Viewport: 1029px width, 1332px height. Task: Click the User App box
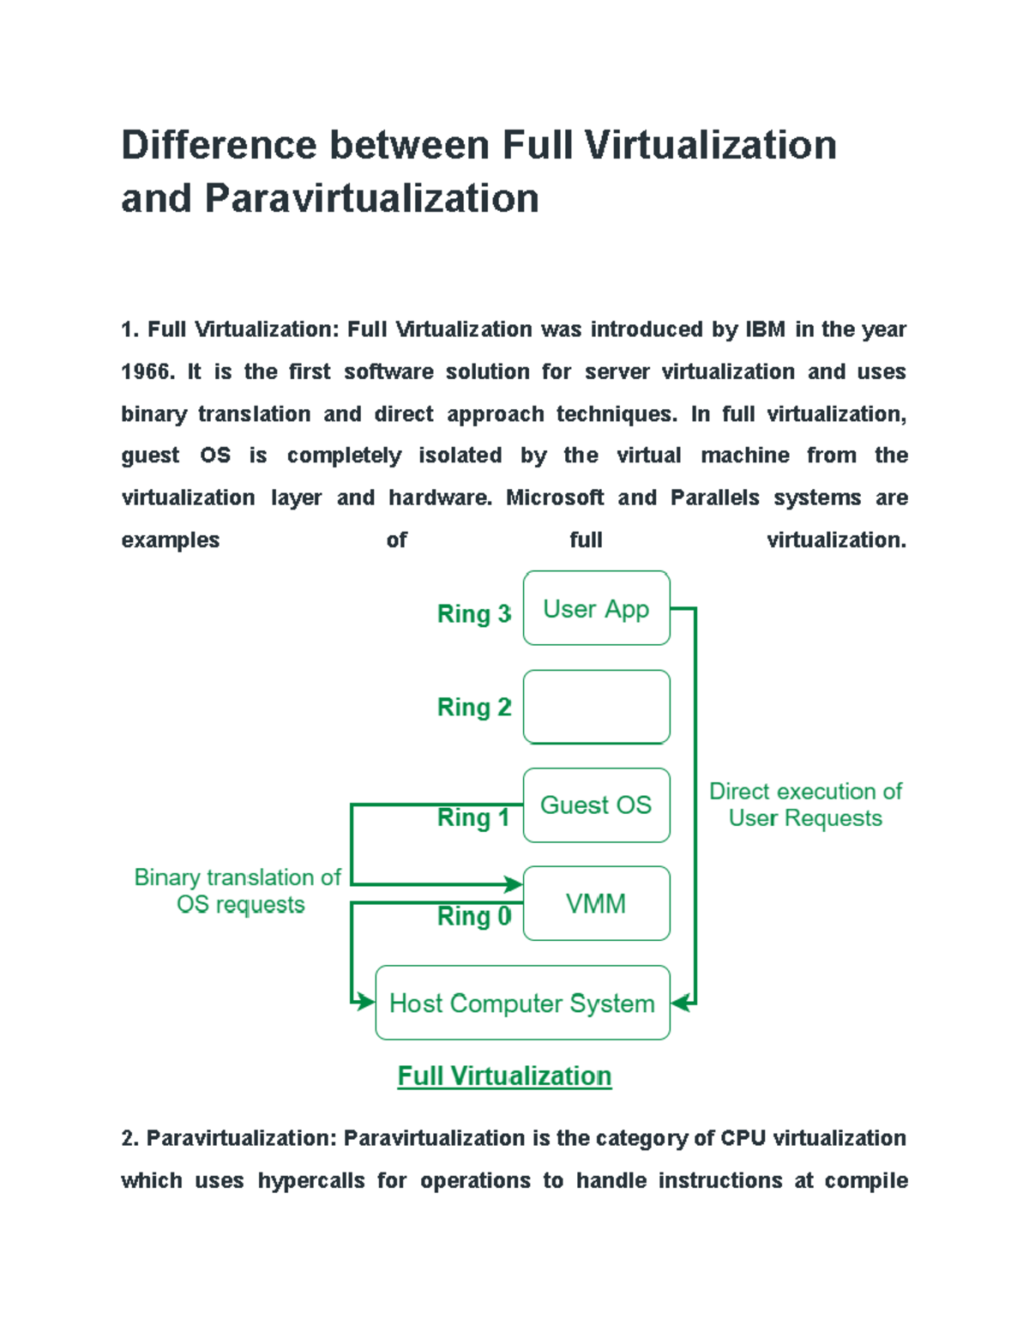click(x=596, y=608)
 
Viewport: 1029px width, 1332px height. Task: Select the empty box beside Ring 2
click(x=596, y=707)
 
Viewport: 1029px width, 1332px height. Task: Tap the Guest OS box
click(x=596, y=805)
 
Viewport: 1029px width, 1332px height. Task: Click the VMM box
click(x=596, y=903)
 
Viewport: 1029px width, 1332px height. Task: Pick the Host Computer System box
click(x=522, y=1003)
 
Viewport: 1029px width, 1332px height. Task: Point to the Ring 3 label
click(x=473, y=614)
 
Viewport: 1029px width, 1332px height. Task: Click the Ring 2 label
click(x=473, y=708)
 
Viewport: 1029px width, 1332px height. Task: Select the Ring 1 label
click(x=473, y=818)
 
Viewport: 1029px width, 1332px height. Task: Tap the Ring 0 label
click(x=473, y=916)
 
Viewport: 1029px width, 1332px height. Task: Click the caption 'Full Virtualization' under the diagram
click(x=504, y=1076)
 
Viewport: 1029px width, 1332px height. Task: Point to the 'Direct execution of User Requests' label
click(x=805, y=805)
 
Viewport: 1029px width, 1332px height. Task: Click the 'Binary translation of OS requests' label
click(x=238, y=890)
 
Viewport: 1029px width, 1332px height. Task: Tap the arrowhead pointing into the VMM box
click(x=514, y=884)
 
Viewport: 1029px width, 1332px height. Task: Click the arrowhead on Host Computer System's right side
click(x=681, y=1002)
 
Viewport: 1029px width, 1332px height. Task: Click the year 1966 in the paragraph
click(x=147, y=371)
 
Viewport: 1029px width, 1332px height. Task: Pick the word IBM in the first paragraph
click(x=765, y=329)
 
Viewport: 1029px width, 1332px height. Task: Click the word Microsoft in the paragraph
click(x=555, y=497)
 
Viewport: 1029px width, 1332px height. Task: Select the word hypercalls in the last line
click(x=311, y=1180)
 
